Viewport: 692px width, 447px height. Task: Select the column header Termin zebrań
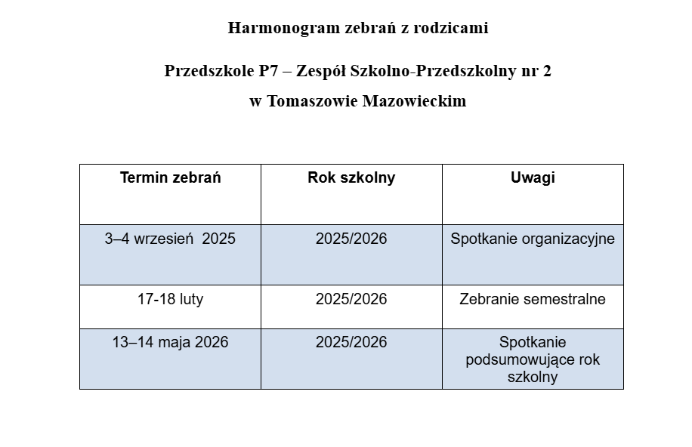(170, 178)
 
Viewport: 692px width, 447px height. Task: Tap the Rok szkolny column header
(351, 178)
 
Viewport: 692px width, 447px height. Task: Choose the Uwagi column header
(533, 178)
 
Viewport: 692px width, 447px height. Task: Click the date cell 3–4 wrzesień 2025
(170, 239)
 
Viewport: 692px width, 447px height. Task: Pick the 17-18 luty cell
(170, 299)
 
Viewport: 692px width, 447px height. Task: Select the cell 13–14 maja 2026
(170, 343)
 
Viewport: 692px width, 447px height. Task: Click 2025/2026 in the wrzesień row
(351, 239)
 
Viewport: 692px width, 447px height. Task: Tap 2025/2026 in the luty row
(351, 299)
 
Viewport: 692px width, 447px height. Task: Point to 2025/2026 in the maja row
(351, 343)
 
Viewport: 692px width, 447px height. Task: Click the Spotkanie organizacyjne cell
(533, 239)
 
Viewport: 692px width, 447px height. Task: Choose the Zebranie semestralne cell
(533, 299)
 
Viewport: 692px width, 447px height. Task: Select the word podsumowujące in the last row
(514, 360)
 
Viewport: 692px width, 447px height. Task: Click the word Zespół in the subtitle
(323, 71)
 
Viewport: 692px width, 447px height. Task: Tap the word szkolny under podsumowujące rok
(533, 377)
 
